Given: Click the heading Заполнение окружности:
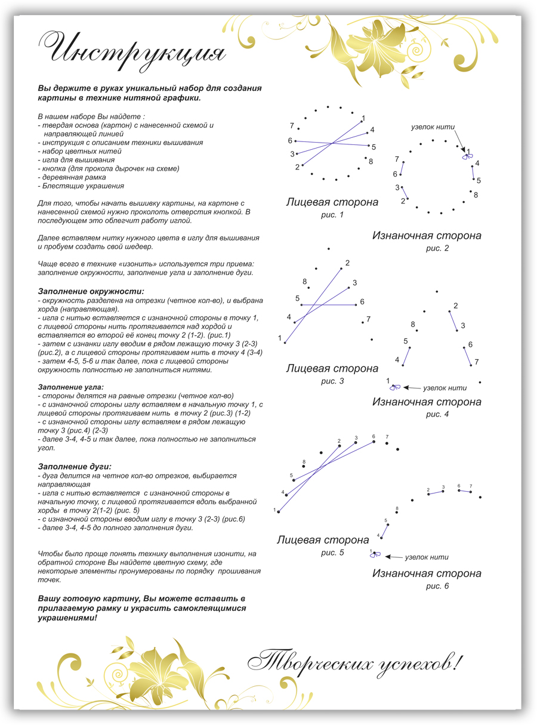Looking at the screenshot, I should pos(91,291).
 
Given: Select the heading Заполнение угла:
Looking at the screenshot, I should pos(70,387).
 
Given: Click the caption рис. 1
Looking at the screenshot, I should pos(332,215).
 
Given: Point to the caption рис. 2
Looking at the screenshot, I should pos(437,248).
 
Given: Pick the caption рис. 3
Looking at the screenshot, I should pos(332,381).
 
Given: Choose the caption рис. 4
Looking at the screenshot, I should pos(437,414).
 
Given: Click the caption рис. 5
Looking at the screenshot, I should pos(332,553).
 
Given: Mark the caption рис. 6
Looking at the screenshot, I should pos(437,586).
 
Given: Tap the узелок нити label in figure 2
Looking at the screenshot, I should pos(433,127).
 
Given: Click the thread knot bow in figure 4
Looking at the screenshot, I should pos(394,387).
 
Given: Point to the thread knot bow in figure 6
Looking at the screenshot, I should pos(375,554).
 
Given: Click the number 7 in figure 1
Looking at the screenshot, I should pos(292,126).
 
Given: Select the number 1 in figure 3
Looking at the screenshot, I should pos(280,338).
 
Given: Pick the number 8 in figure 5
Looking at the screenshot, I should pos(304,462).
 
